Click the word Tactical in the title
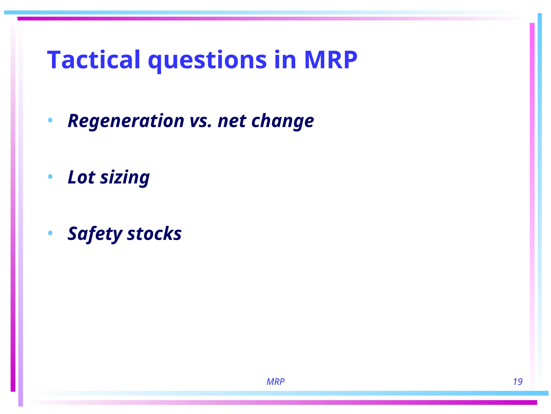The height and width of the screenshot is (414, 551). point(94,60)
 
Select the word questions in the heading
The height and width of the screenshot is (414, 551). point(207,61)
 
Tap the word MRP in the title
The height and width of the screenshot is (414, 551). point(330,60)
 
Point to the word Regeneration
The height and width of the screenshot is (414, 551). point(126,121)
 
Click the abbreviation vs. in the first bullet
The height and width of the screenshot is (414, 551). point(200,121)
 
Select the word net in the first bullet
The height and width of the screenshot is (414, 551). point(232,121)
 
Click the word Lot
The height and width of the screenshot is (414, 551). point(81,177)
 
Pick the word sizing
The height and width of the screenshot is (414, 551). point(125,178)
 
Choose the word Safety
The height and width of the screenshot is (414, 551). point(95,234)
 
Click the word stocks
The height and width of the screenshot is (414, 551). point(154,233)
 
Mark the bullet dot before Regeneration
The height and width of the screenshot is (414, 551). point(50,120)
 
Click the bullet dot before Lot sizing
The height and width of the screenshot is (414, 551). point(50,177)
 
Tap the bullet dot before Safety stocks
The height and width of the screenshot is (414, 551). point(50,233)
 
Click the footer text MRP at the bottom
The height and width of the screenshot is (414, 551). point(275,382)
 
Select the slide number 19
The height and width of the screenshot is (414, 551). point(517,382)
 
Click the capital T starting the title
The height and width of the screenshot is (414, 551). point(55,60)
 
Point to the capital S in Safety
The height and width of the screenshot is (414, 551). point(74,233)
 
